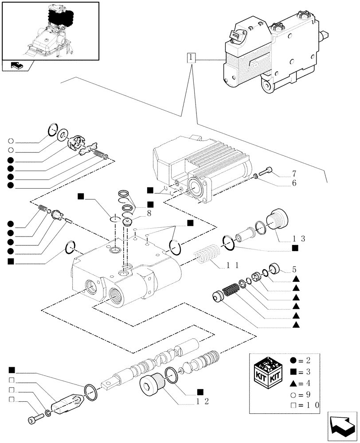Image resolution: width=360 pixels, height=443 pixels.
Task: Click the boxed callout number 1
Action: coord(190,58)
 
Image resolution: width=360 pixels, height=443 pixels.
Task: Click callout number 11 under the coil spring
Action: coord(233,265)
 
